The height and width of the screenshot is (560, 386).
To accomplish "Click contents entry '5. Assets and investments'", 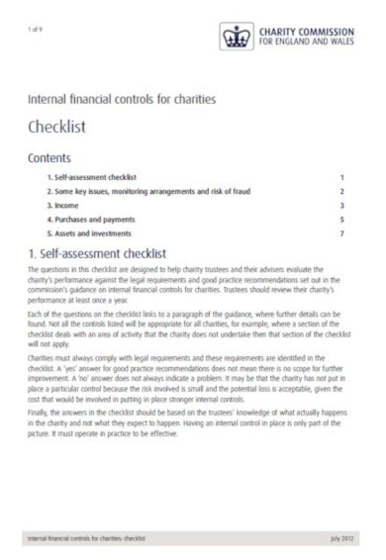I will pyautogui.click(x=92, y=231).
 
